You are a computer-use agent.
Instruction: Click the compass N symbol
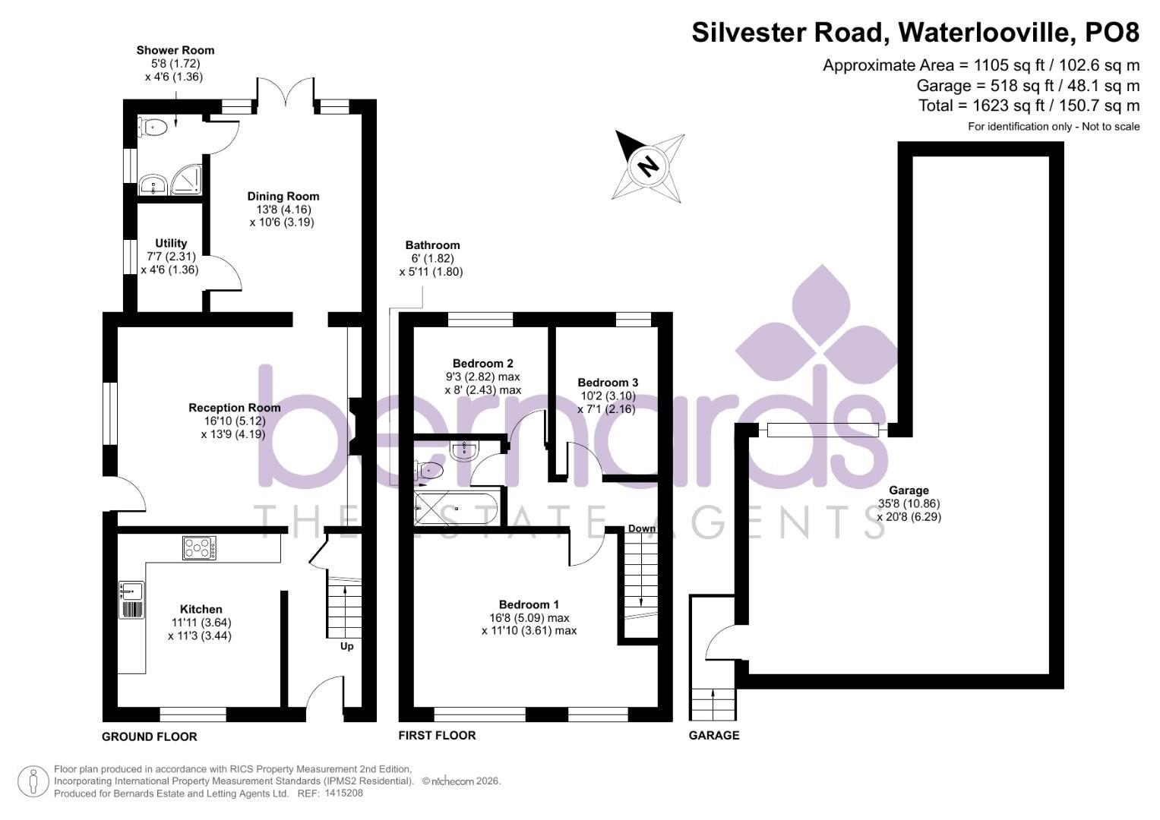pos(647,166)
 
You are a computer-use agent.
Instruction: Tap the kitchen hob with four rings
pos(199,547)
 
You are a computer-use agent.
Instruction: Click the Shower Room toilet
pos(153,128)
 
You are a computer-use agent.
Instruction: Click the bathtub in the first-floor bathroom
pos(457,507)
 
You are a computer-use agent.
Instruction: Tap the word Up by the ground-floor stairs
pos(346,646)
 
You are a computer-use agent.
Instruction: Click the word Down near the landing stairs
pos(642,528)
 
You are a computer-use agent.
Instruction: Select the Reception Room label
pos(235,408)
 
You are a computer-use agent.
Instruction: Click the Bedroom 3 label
pos(608,382)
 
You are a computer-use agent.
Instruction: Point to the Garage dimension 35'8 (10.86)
pos(909,503)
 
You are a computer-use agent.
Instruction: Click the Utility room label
pos(171,243)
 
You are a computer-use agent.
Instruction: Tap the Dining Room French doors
pos(286,95)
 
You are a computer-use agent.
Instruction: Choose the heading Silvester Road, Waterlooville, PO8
pos(915,33)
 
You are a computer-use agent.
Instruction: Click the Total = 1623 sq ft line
pos(1029,106)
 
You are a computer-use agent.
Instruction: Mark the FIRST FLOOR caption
pos(438,735)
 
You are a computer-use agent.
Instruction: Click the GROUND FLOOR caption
pos(150,736)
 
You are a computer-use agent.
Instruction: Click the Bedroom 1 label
pos(529,604)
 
